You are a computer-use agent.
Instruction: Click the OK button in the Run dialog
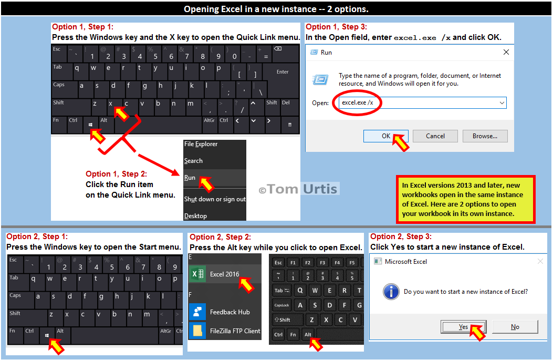(x=386, y=136)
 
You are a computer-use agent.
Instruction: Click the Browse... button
(x=485, y=136)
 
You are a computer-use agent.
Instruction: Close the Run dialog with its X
(x=506, y=52)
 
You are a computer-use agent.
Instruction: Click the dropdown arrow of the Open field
(x=502, y=103)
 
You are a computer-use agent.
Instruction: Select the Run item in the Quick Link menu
(x=190, y=178)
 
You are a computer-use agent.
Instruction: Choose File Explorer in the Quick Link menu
(x=201, y=144)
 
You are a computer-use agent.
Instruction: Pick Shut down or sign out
(x=215, y=199)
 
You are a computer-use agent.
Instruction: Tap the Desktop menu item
(x=195, y=215)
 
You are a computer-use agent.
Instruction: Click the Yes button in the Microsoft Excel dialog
(x=463, y=327)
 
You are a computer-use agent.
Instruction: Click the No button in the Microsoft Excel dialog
(x=515, y=327)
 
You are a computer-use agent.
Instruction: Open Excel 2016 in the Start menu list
(x=225, y=274)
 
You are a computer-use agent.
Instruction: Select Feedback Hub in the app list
(x=229, y=312)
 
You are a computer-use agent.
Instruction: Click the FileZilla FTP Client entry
(x=235, y=331)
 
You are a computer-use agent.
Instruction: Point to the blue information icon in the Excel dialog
(x=391, y=292)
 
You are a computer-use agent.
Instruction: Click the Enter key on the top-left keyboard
(x=281, y=71)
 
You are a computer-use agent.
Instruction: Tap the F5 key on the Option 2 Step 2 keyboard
(x=352, y=263)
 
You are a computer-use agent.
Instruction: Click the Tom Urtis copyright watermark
(x=298, y=189)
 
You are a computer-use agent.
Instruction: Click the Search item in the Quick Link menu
(x=193, y=161)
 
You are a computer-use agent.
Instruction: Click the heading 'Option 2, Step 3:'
(x=401, y=236)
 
